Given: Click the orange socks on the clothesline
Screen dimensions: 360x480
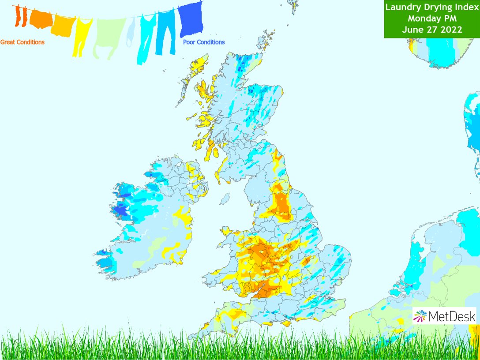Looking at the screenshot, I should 20,16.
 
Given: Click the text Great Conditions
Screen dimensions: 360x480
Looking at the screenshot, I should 22,42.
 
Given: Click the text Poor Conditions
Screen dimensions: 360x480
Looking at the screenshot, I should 204,42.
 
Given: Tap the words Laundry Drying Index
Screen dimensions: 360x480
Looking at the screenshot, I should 431,7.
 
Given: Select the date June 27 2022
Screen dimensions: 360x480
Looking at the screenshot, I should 431,30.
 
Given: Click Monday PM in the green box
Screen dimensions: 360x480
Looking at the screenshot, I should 431,19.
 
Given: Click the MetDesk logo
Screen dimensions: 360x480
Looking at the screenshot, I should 445,316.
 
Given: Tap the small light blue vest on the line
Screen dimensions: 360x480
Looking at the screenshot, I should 131,31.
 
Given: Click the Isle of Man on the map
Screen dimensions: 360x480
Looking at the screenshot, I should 225,199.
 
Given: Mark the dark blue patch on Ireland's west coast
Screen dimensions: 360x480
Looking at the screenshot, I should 120,212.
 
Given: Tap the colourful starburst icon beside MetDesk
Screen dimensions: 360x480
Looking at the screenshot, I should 420,316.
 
